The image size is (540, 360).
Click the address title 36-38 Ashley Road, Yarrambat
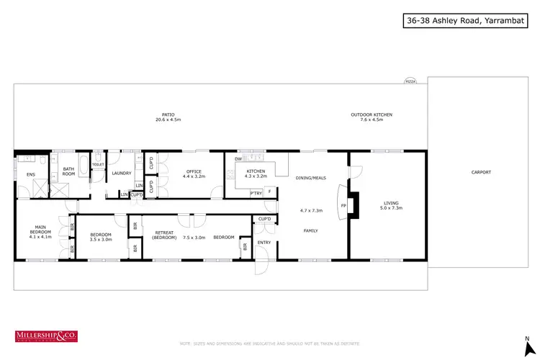[468, 22]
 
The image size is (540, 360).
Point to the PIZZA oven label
[410, 81]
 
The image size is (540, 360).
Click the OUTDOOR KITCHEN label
[372, 114]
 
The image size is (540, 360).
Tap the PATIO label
[168, 114]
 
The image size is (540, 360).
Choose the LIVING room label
[392, 204]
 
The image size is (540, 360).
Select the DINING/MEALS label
[311, 177]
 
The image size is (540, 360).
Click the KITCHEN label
[256, 171]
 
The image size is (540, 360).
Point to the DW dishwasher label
[238, 159]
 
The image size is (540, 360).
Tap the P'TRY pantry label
[255, 193]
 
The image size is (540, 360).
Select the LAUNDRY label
[121, 173]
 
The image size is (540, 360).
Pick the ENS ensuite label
[30, 174]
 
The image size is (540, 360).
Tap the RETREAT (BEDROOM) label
[166, 235]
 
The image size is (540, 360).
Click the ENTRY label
[265, 243]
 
